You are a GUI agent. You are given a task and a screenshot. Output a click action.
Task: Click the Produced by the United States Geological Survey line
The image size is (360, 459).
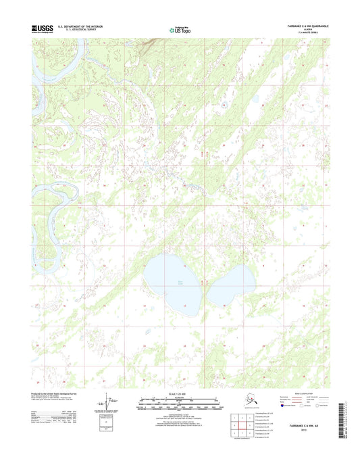point(54,392)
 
